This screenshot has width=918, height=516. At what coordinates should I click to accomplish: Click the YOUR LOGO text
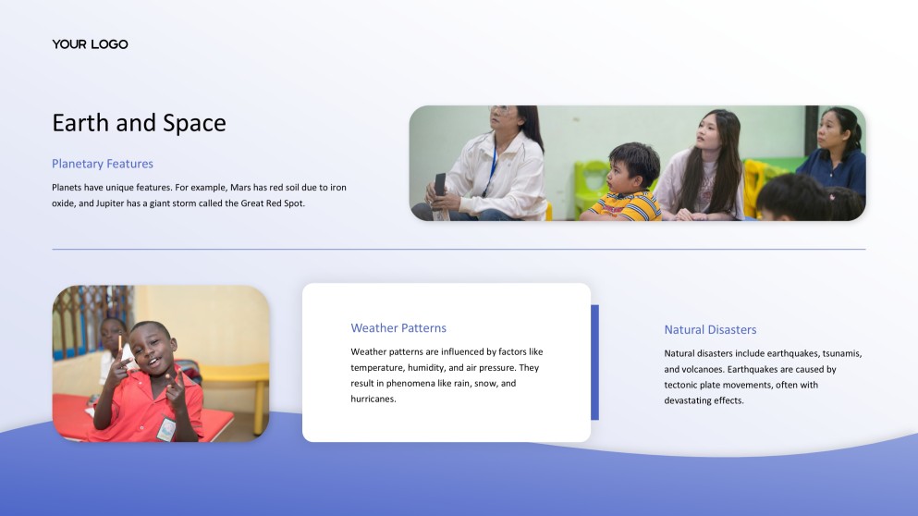pyautogui.click(x=90, y=44)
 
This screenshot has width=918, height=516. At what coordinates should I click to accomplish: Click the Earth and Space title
pyautogui.click(x=139, y=123)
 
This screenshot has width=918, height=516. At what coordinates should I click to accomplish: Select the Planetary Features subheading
pyautogui.click(x=103, y=164)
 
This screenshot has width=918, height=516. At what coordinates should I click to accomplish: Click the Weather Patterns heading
pyautogui.click(x=398, y=328)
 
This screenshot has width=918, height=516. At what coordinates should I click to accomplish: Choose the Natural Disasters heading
pyautogui.click(x=710, y=330)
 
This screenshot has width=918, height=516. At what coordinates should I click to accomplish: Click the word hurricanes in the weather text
pyautogui.click(x=373, y=399)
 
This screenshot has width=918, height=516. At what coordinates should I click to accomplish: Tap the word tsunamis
pyautogui.click(x=838, y=353)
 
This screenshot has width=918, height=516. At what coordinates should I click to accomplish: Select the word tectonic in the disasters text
pyautogui.click(x=682, y=385)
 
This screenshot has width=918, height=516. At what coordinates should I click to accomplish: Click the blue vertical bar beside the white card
pyautogui.click(x=594, y=362)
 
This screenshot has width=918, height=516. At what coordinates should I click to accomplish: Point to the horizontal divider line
pyautogui.click(x=459, y=249)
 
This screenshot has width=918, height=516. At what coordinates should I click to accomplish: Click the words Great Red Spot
pyautogui.click(x=271, y=203)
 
